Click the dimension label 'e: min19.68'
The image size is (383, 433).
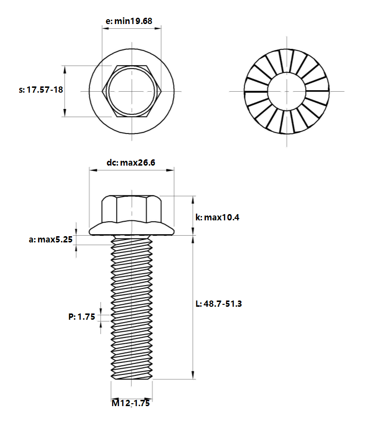point(129,21)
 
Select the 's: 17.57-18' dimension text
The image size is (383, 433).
point(41,90)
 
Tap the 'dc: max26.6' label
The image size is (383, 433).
point(131,162)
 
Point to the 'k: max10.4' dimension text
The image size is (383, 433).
point(217,217)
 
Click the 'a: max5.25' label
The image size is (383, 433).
point(50,240)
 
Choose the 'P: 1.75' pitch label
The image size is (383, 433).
point(82,317)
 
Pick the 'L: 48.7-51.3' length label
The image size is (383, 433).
point(219,304)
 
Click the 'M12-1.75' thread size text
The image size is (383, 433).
point(131,403)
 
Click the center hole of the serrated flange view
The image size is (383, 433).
point(287,91)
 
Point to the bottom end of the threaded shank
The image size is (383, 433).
point(132,378)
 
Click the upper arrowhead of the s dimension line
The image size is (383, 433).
point(65,70)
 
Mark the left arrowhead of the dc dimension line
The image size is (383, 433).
point(93,170)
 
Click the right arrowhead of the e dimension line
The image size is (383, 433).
point(158,28)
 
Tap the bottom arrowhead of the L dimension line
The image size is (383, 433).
point(193,375)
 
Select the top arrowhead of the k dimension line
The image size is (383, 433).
point(193,200)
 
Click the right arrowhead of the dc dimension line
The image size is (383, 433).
point(170,170)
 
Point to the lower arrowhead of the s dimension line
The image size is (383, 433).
point(65,113)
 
